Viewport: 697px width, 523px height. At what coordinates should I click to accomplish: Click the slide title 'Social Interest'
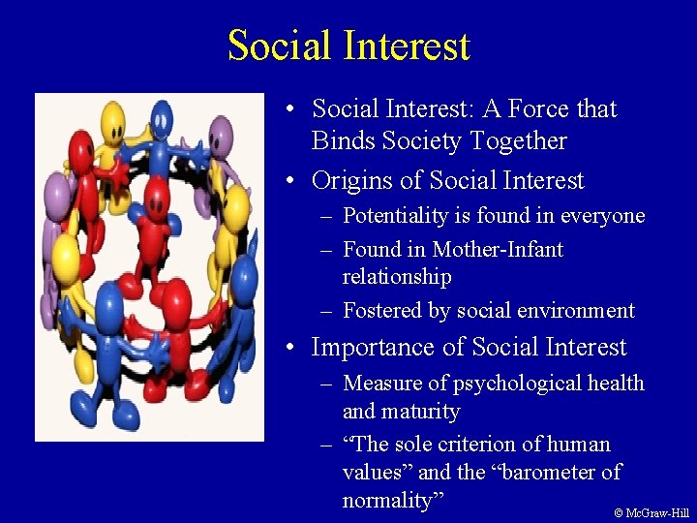click(x=348, y=46)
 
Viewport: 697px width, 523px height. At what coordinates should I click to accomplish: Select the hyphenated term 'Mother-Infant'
click(x=498, y=250)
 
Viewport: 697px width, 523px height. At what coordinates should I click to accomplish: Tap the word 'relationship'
click(x=397, y=278)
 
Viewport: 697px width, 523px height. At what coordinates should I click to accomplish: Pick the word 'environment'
click(x=579, y=311)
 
